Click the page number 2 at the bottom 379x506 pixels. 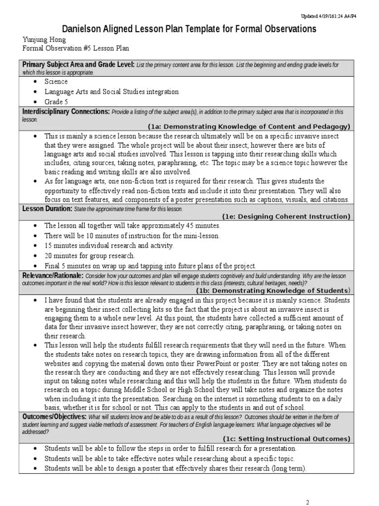(307, 502)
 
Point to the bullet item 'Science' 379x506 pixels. (56, 82)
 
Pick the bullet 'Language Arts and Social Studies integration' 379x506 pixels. (112, 92)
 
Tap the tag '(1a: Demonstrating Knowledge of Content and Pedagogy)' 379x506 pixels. (249, 126)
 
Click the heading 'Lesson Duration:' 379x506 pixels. (47, 209)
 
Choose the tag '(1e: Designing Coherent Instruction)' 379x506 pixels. (286, 216)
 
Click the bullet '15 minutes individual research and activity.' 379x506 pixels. (109, 246)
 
